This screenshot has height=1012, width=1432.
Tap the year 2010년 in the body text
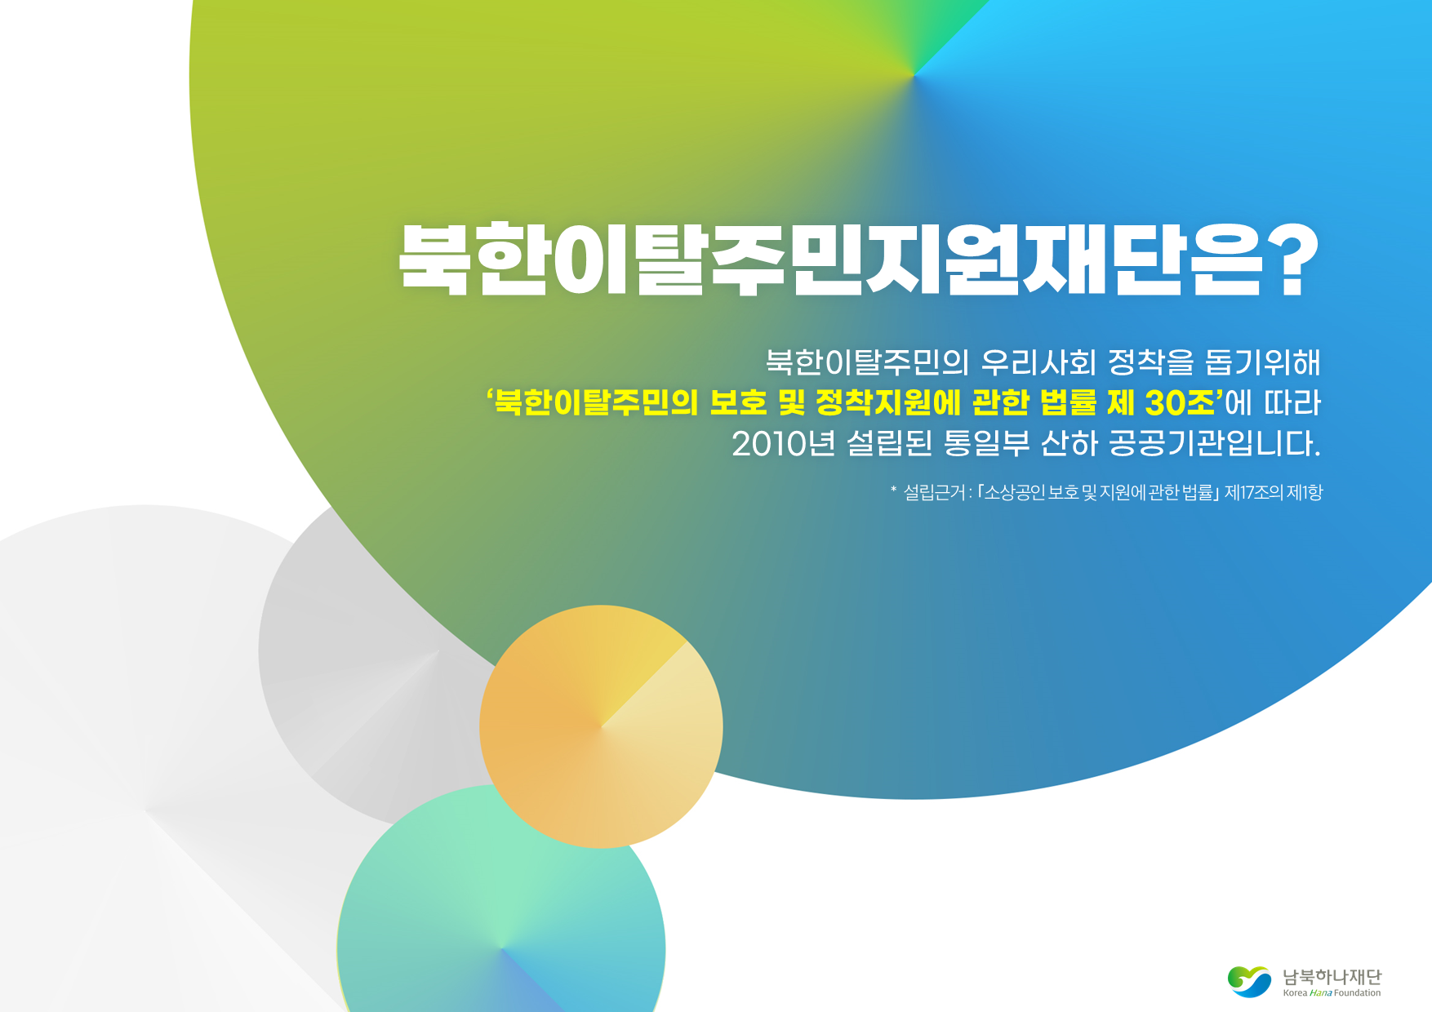tap(784, 444)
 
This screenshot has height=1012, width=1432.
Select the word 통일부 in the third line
tap(986, 444)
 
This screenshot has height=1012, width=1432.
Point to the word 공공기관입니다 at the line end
tap(1214, 444)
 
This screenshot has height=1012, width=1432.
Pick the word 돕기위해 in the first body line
tap(1262, 362)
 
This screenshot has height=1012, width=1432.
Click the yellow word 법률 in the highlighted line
tap(1069, 402)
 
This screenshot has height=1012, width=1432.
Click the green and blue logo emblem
tap(1249, 981)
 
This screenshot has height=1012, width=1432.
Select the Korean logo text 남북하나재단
tap(1332, 976)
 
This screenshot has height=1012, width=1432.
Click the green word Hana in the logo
tap(1321, 993)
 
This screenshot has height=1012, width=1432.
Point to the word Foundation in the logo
tap(1358, 993)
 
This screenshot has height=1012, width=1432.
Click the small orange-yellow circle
tap(601, 726)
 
